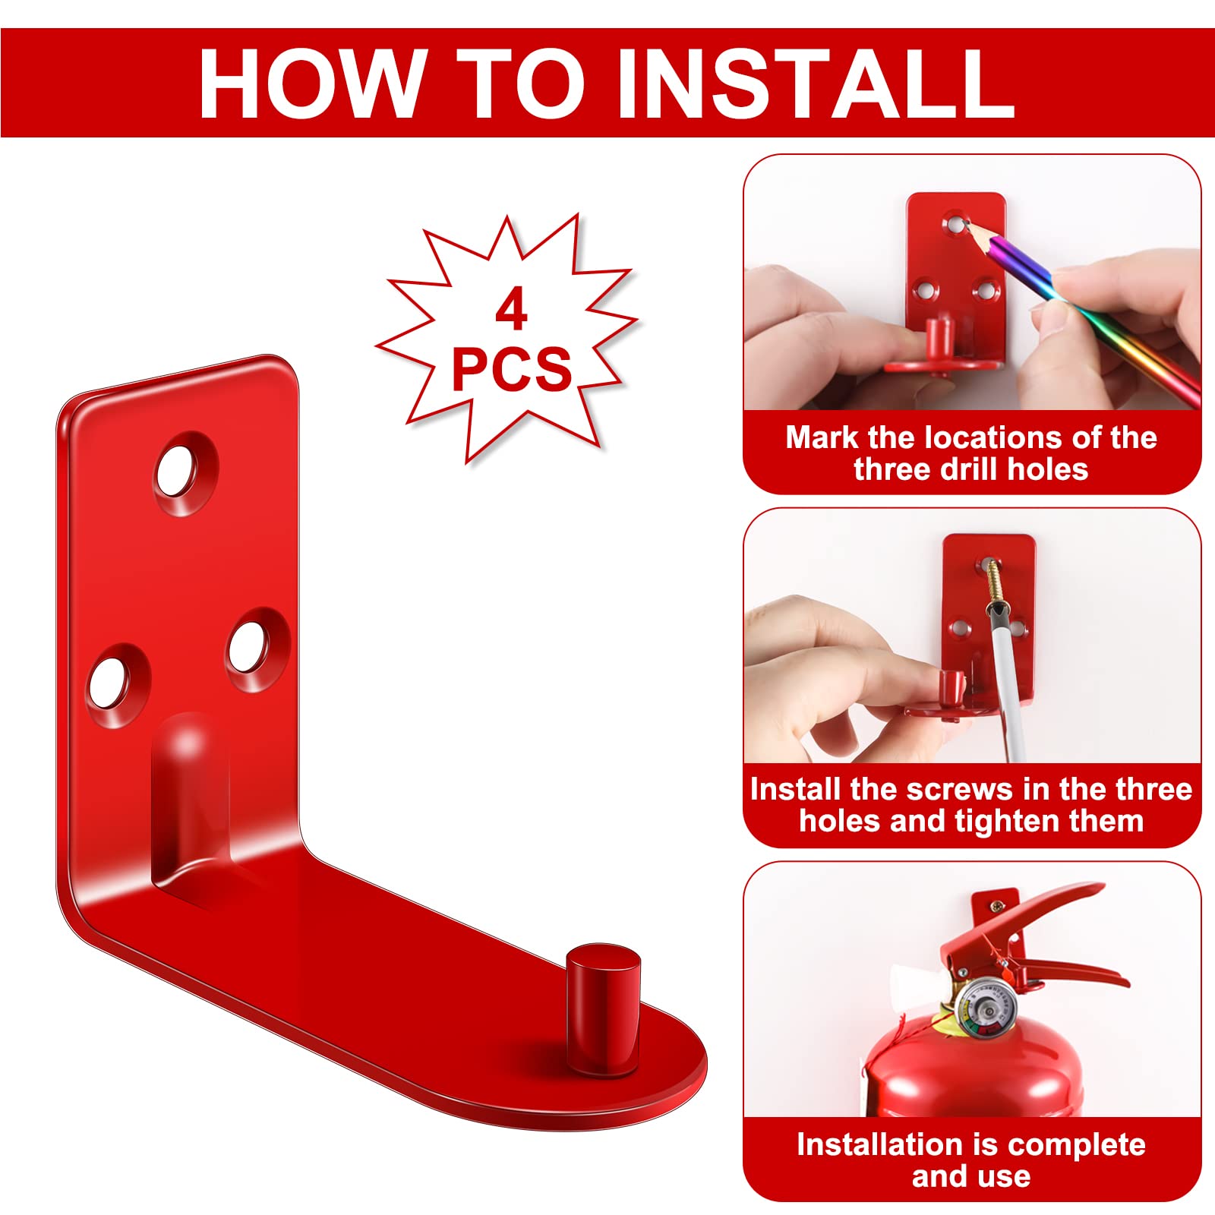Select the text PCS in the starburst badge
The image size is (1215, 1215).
(511, 369)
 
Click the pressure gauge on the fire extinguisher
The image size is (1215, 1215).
(986, 1010)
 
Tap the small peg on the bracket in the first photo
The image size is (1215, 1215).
(939, 338)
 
